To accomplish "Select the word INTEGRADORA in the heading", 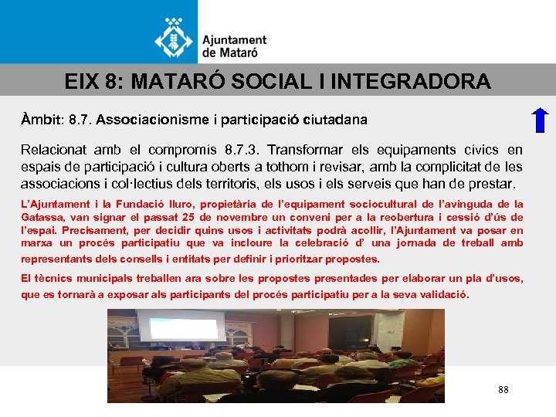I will (415, 81).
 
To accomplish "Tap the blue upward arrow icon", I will (541, 122).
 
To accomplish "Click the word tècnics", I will (52, 278).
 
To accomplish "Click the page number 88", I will (503, 390).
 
